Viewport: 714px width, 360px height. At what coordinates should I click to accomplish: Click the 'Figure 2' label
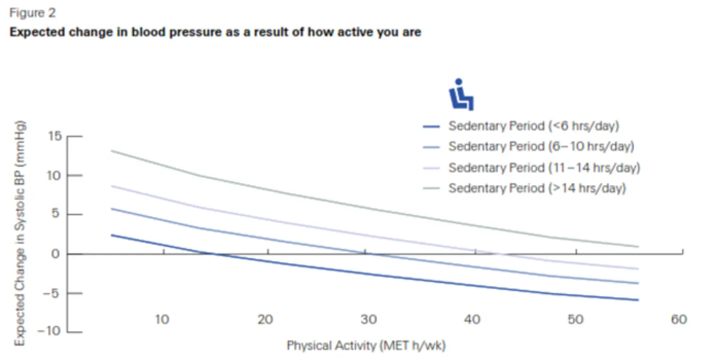[x=32, y=13]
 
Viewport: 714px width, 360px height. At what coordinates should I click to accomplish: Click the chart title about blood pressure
[x=215, y=33]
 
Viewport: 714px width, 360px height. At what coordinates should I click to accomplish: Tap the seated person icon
[x=461, y=95]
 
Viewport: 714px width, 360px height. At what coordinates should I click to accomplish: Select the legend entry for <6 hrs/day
[x=533, y=126]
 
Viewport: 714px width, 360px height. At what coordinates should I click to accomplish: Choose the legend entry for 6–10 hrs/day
[x=541, y=147]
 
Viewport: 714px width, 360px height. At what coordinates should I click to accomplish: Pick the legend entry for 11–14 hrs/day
[x=544, y=168]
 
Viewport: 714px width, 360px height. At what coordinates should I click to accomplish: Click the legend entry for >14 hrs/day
[x=537, y=189]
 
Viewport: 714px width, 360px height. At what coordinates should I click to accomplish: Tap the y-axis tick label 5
[x=57, y=215]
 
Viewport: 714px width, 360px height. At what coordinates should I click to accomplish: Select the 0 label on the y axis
[x=57, y=254]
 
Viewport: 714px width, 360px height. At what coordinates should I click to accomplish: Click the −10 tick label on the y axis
[x=50, y=331]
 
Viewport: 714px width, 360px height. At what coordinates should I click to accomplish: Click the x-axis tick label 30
[x=369, y=319]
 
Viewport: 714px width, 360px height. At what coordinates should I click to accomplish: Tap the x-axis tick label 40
[x=472, y=319]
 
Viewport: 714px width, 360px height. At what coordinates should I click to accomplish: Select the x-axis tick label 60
[x=679, y=319]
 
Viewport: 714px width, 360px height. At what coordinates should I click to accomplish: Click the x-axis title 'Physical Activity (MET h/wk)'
[x=366, y=345]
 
